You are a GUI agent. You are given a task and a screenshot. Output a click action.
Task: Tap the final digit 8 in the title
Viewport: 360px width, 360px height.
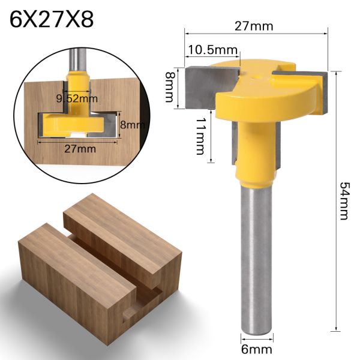[86, 20]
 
